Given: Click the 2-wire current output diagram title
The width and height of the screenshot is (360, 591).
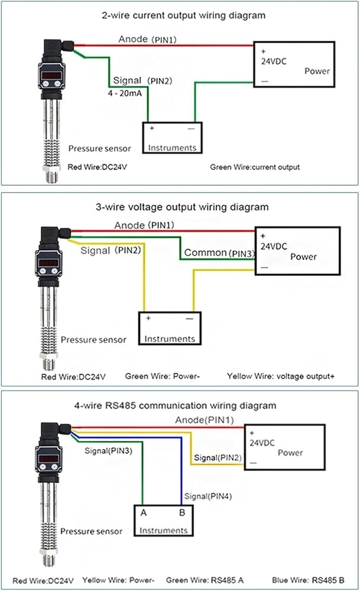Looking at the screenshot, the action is point(184,15).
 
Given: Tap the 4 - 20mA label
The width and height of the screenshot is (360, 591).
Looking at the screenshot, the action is point(125,93).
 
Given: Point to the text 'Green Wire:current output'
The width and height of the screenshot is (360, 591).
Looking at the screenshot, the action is point(255,167).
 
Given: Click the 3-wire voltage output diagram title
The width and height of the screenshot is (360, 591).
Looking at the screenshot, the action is point(182,207).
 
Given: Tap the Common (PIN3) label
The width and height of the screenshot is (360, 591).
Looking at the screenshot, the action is point(219,252).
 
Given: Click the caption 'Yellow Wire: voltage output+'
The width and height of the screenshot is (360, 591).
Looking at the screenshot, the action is point(281,376).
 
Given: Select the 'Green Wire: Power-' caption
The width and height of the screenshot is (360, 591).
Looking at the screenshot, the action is point(162,376).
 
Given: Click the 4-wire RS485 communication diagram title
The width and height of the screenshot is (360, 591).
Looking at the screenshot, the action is point(176,405).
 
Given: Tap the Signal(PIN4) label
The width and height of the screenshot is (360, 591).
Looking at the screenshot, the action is point(207,496).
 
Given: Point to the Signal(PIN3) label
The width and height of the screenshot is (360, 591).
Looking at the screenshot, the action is point(108,451).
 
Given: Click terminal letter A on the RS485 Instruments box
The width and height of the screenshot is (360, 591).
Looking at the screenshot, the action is point(144,512).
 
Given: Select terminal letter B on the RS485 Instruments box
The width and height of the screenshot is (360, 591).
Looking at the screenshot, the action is point(182,512).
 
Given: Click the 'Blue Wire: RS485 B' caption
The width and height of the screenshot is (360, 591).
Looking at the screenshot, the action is point(308,580).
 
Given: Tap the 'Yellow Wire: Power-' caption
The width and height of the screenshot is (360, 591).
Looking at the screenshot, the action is point(118,580).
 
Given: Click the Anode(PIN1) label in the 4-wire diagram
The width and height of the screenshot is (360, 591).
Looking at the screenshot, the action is point(205,420).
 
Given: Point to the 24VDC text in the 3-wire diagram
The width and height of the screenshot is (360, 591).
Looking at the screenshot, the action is point(274,246).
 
